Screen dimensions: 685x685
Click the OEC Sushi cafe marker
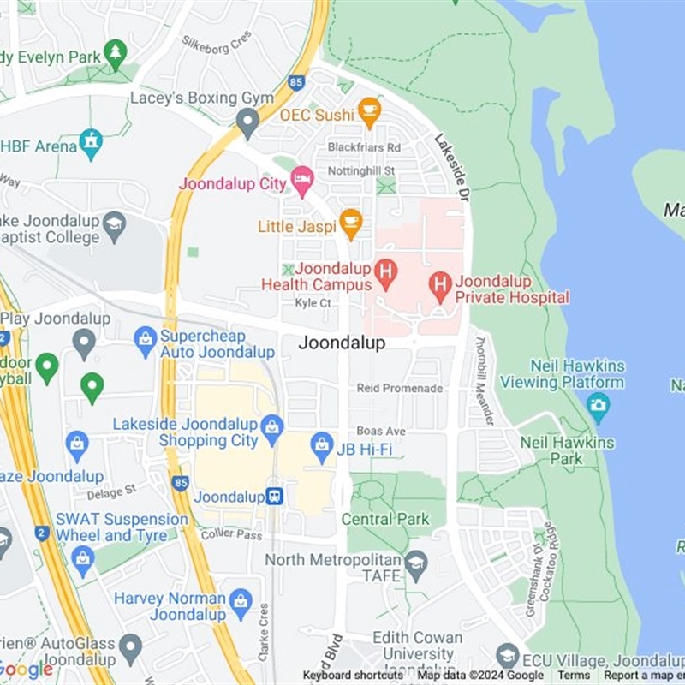[369, 111]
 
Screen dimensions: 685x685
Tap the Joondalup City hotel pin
[301, 180]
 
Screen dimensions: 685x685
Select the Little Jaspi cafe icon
[350, 223]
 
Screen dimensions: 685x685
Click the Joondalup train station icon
[274, 497]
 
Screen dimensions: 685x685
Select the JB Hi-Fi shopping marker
[322, 445]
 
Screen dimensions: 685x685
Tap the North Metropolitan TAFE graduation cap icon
[416, 563]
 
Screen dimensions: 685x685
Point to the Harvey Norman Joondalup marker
[241, 599]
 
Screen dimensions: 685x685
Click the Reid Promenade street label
[400, 388]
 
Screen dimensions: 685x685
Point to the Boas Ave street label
[381, 431]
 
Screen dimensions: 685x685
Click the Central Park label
[384, 519]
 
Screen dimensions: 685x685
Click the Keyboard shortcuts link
[353, 676]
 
